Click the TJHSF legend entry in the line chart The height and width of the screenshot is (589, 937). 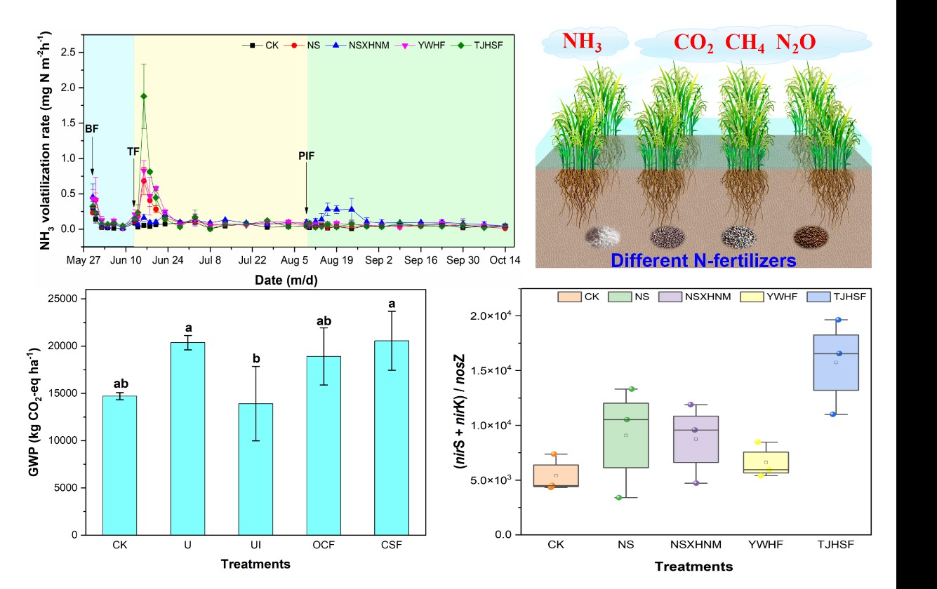[x=484, y=46]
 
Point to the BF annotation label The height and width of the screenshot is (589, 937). [x=92, y=130]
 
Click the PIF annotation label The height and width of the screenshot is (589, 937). [x=306, y=156]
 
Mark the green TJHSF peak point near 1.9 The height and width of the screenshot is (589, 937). [x=144, y=96]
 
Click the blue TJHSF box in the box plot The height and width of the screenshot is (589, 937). [x=836, y=362]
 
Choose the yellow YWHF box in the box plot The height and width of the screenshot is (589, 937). [x=766, y=462]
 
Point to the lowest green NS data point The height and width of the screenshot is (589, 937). [x=618, y=498]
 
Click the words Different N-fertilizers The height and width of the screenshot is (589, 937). [x=703, y=261]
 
